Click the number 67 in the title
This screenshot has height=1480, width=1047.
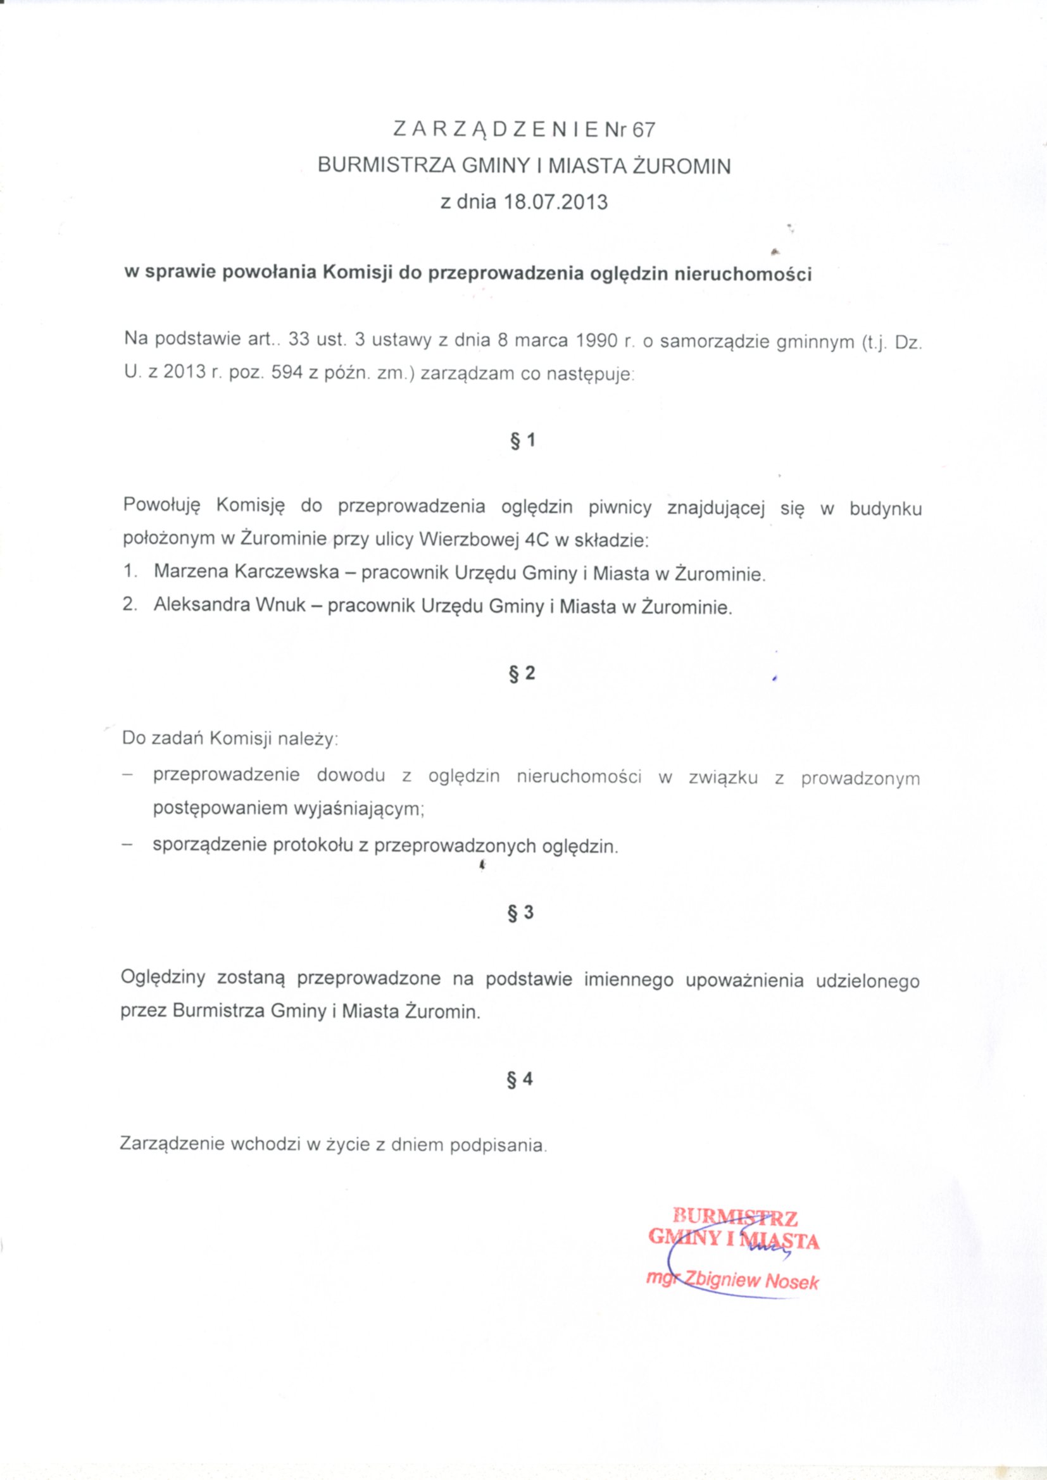click(x=643, y=131)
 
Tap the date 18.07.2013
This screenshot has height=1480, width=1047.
click(x=556, y=202)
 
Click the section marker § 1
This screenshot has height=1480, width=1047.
click(x=523, y=441)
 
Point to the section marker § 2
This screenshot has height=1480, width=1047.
click(x=522, y=674)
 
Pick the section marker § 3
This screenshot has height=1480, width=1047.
click(x=522, y=913)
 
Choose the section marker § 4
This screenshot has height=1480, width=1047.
click(x=521, y=1079)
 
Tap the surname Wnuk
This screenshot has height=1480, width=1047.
click(x=281, y=606)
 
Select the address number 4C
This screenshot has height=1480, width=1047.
click(x=537, y=540)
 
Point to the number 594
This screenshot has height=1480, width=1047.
click(x=287, y=373)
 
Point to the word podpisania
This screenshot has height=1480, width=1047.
click(x=498, y=1145)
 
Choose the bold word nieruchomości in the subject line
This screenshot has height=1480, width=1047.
click(x=743, y=274)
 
